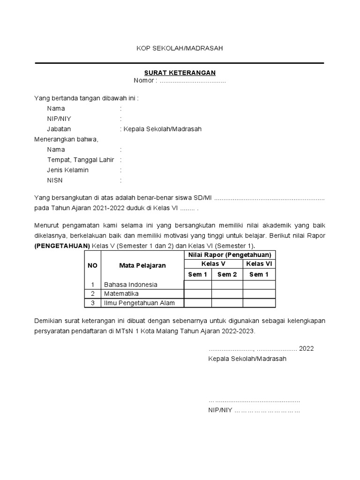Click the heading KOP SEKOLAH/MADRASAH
pyautogui.click(x=180, y=48)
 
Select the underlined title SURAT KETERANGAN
pyautogui.click(x=180, y=73)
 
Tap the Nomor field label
pyautogui.click(x=144, y=81)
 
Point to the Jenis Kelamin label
pyautogui.click(x=67, y=170)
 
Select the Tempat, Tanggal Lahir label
pyautogui.click(x=81, y=160)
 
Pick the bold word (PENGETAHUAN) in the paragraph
pyautogui.click(x=62, y=246)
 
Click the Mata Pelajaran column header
pyautogui.click(x=142, y=265)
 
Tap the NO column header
pyautogui.click(x=92, y=265)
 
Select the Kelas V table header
pyautogui.click(x=213, y=263)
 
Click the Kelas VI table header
pyautogui.click(x=259, y=263)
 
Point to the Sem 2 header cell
pyautogui.click(x=227, y=274)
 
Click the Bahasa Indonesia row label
pyautogui.click(x=131, y=285)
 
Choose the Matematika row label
pyautogui.click(x=121, y=294)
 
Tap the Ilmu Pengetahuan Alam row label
pyautogui.click(x=139, y=303)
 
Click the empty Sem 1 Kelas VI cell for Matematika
pyautogui.click(x=259, y=294)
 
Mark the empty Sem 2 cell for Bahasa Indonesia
pyautogui.click(x=227, y=285)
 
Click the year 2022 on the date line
pyautogui.click(x=307, y=348)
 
